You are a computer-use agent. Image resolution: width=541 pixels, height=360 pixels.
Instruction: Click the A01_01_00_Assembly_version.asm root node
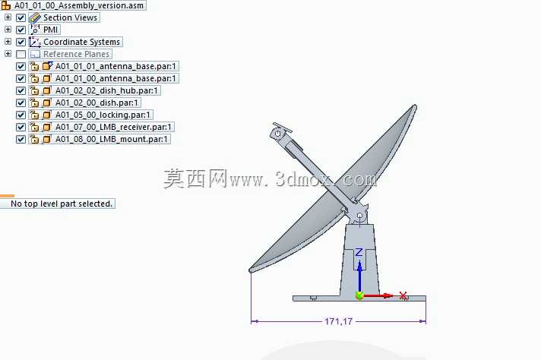(x=79, y=5)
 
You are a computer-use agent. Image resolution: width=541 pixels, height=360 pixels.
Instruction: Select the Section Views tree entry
(x=70, y=17)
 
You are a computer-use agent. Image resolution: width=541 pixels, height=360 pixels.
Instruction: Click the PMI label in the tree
(x=50, y=30)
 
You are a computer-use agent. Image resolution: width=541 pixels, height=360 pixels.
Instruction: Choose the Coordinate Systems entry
(x=81, y=42)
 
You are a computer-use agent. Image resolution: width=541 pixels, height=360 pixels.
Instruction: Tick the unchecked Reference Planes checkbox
(x=21, y=54)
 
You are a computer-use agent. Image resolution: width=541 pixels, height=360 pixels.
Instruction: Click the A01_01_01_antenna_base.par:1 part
(x=115, y=66)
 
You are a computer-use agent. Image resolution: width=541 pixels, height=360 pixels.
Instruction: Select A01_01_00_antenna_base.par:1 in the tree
(x=115, y=79)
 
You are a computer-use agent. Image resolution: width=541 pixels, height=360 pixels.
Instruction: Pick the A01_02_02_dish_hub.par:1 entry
(x=106, y=90)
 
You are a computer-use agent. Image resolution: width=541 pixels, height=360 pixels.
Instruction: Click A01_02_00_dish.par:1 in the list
(x=96, y=103)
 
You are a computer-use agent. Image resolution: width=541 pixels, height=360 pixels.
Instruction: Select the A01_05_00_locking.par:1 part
(x=103, y=115)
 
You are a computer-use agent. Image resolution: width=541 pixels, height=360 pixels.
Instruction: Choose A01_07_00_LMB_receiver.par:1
(x=113, y=127)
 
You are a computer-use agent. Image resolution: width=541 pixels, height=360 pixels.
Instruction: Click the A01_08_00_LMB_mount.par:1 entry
(x=112, y=139)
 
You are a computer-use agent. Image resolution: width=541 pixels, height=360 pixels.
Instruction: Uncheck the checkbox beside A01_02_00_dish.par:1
(x=21, y=103)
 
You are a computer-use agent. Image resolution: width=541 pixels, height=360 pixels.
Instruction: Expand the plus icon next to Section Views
(x=8, y=17)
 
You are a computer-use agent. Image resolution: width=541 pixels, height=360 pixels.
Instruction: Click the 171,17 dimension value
(x=338, y=321)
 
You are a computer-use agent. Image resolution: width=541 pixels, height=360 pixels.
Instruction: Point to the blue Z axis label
(x=359, y=252)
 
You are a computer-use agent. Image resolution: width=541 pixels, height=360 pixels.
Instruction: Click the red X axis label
(x=403, y=296)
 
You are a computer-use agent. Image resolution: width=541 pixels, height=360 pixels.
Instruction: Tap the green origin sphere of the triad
(x=359, y=295)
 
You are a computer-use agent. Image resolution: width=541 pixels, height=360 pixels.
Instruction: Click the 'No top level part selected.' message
(x=62, y=204)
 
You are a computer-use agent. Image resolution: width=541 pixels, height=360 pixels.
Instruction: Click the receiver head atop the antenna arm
(x=280, y=131)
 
